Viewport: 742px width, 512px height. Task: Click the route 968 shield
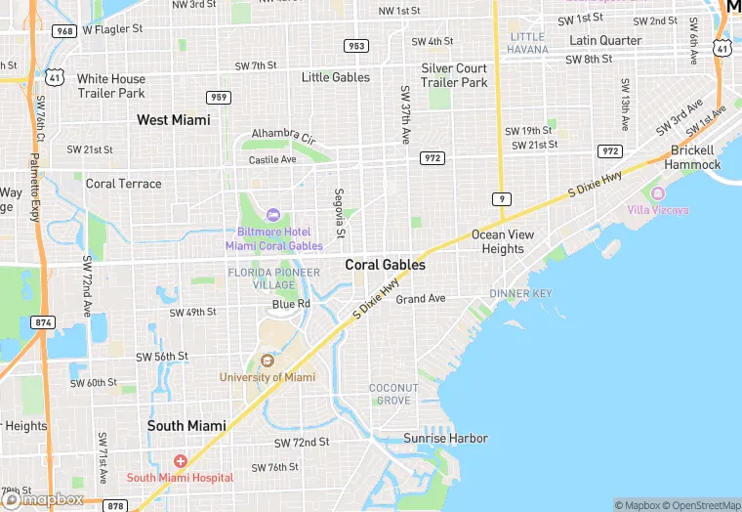64,31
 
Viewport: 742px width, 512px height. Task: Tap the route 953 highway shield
356,46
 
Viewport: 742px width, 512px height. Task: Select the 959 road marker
218,97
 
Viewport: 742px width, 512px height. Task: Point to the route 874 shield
43,321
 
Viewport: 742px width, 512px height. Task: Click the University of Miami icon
267,361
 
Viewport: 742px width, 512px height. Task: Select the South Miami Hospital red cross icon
180,460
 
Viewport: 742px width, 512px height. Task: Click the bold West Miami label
173,120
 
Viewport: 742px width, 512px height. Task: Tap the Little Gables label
336,77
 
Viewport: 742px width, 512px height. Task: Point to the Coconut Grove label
393,394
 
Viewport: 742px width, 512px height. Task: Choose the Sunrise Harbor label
445,438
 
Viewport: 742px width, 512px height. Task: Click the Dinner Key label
520,293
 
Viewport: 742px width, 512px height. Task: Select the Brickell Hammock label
694,157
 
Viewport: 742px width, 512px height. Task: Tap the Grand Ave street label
420,298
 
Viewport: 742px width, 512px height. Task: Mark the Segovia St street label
340,212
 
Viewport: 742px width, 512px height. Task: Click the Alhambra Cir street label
283,133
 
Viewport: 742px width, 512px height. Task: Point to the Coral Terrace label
124,183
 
